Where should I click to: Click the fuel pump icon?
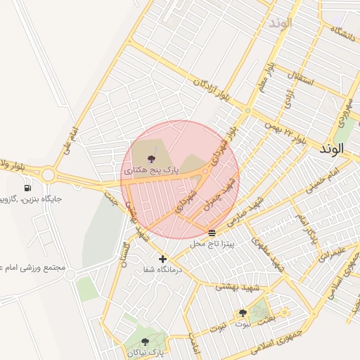click(x=27, y=188)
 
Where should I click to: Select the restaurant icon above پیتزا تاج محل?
click(x=212, y=233)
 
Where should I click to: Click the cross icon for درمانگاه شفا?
click(x=163, y=259)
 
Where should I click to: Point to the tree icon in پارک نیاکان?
click(x=146, y=342)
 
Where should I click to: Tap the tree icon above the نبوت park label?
click(x=243, y=313)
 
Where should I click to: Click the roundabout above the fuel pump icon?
click(x=48, y=174)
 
